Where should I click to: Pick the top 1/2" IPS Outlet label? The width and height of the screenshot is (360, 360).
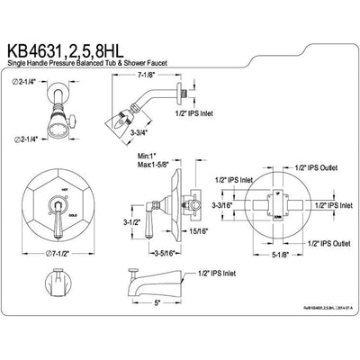coord(316,167)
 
